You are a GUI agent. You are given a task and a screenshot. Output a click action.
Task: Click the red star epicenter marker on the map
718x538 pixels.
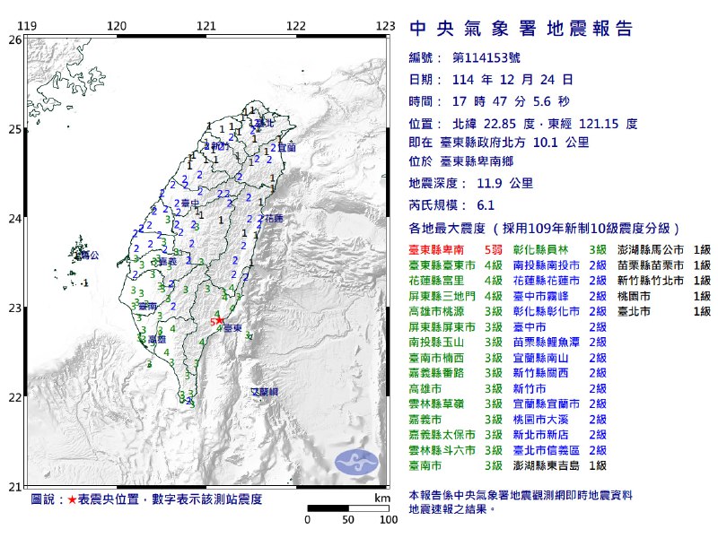219,320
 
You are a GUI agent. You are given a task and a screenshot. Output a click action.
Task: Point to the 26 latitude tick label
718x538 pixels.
14,40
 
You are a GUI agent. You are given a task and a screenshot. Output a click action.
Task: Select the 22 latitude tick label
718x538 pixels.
14,397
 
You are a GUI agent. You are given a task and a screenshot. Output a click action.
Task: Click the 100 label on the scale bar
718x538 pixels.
387,519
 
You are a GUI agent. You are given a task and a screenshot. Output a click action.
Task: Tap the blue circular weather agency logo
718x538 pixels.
356,463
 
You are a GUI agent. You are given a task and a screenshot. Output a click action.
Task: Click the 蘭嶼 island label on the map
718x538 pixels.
264,393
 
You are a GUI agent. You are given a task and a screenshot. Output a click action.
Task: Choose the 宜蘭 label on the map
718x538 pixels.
286,147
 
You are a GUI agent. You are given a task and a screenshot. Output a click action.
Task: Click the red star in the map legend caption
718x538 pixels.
73,499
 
